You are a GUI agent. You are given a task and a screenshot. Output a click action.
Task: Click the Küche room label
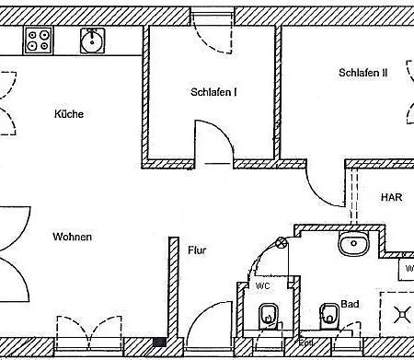point(69,114)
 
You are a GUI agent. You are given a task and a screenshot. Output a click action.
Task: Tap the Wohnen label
point(72,237)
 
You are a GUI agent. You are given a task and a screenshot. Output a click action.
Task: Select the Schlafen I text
point(214,92)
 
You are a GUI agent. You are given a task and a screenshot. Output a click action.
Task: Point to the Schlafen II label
point(362,73)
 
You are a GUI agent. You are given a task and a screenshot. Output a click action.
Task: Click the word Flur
point(197,250)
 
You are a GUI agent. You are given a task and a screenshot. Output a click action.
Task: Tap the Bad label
point(350,303)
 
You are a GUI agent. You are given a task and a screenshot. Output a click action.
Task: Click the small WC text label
point(262,286)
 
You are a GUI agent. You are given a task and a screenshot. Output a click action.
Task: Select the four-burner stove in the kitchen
point(39,40)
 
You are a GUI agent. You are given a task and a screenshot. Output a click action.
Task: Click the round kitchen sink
point(91,39)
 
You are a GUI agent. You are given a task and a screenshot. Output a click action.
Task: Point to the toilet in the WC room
point(268,320)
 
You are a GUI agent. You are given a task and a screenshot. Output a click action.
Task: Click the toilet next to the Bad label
point(328,316)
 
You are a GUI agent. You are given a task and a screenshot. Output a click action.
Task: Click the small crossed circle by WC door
point(280,243)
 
